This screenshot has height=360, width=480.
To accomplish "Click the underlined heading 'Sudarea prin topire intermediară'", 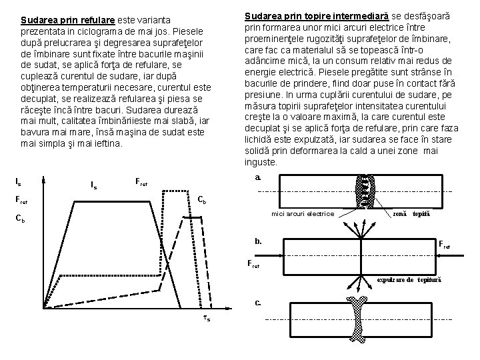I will click(319, 15).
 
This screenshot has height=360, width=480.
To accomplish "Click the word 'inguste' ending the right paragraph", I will click(260, 162).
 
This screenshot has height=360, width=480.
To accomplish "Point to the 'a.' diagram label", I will click(258, 178).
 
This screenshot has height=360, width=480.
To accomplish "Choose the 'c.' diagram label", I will click(258, 303).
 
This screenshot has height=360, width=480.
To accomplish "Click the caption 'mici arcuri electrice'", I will click(303, 213).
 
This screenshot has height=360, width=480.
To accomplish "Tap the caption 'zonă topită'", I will click(412, 213).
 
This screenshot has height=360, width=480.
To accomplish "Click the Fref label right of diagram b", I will click(444, 245).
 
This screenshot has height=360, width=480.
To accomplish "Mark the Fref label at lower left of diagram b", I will click(254, 264).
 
